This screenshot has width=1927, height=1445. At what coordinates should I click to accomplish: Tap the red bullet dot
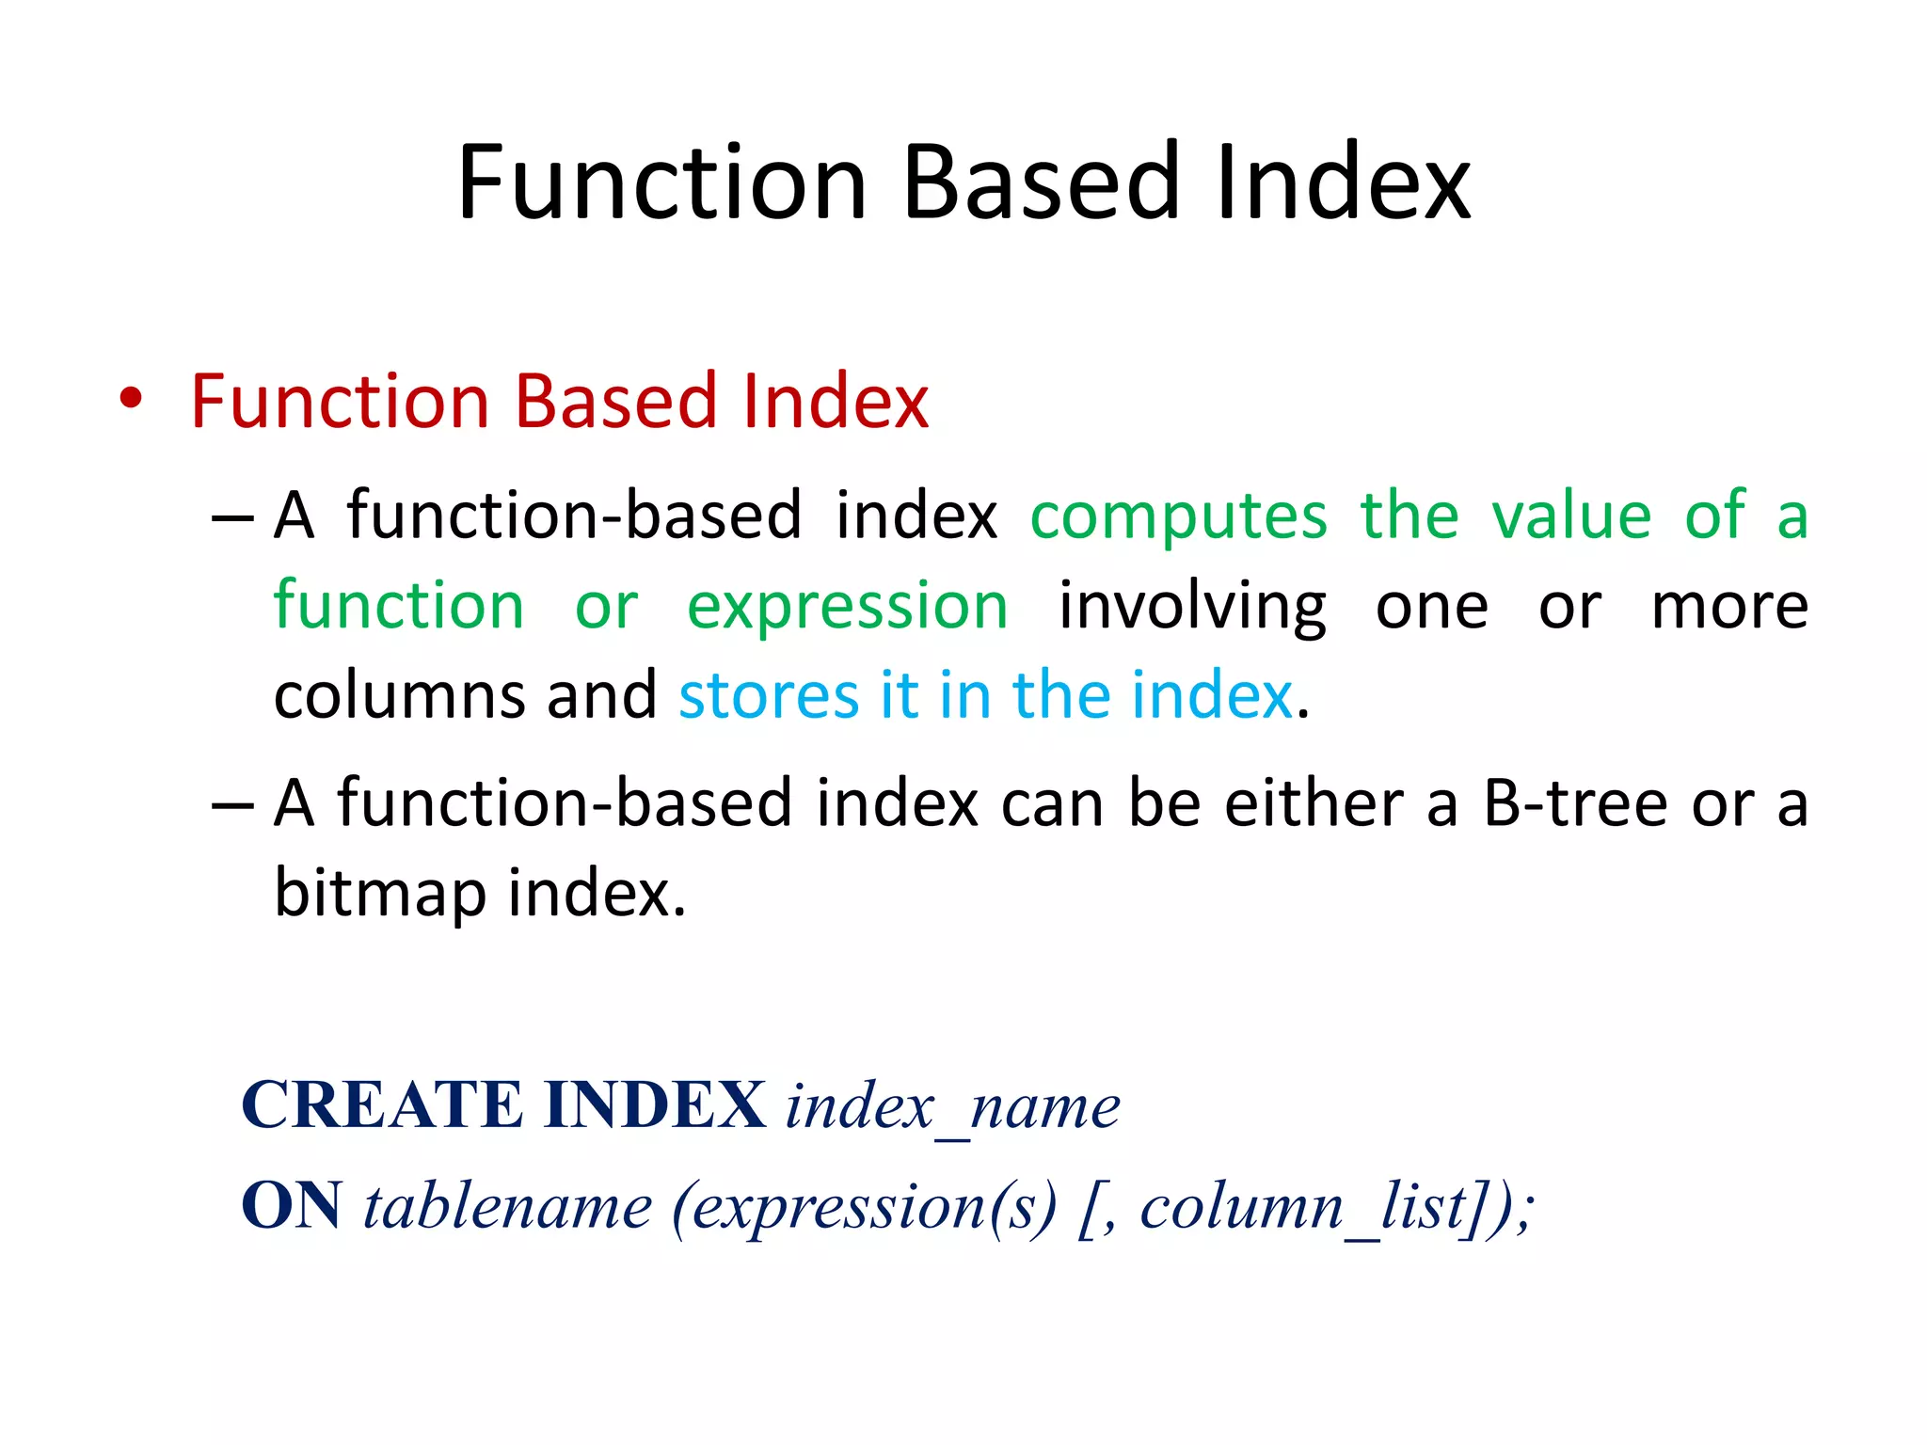131,399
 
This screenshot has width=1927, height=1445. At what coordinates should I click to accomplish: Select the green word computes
1179,517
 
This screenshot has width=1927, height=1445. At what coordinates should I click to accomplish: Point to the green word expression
847,608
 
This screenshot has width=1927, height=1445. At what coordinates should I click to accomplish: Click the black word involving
1192,608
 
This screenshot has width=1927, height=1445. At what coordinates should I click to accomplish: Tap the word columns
399,696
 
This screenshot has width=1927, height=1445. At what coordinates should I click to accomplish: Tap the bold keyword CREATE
382,1105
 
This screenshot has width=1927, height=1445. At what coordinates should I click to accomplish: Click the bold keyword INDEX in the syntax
655,1105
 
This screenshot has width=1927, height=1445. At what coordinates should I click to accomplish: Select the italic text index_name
952,1107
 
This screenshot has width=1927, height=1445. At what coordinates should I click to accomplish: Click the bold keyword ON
292,1206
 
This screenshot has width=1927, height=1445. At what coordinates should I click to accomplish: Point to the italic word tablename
507,1207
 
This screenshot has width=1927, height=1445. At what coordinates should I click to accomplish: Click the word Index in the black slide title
1342,183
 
